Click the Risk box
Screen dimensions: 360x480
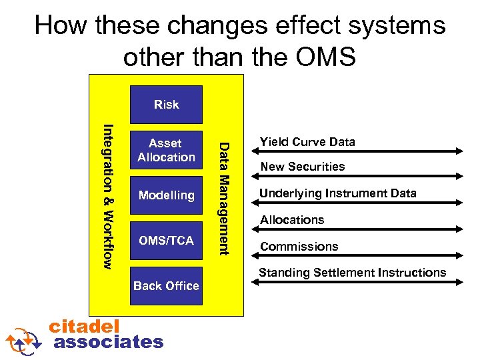coord(166,105)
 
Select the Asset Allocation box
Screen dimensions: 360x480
coord(166,151)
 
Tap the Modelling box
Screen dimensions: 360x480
coord(166,195)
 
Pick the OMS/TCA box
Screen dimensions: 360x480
coord(166,240)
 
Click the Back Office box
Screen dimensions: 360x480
coord(166,285)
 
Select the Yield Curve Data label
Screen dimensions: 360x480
coord(307,141)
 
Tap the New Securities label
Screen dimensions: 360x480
coord(302,167)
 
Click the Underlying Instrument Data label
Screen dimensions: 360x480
coord(338,193)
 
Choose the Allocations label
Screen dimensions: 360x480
coord(292,220)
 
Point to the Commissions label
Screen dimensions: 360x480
coord(299,247)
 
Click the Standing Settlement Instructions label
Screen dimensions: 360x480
coord(352,272)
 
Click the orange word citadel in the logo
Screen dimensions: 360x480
coord(85,325)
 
